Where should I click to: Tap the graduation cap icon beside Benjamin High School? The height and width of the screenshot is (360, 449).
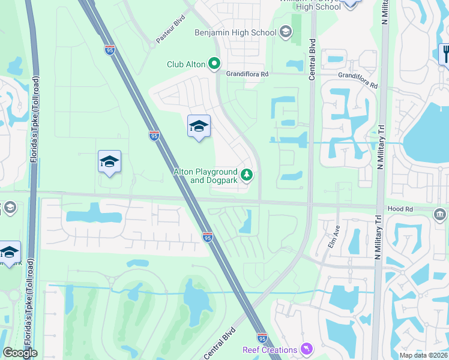coord(285,32)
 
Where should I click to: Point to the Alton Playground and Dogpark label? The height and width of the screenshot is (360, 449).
coord(205,176)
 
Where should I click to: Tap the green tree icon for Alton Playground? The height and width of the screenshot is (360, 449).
coord(246,175)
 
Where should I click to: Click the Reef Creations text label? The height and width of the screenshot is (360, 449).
coord(270,350)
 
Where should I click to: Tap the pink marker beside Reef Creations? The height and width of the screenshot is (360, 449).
coord(307,349)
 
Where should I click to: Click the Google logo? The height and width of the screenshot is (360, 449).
coord(20,353)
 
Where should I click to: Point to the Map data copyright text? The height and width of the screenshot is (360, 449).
coord(423,355)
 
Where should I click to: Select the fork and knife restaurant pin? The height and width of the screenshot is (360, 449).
coord(445,54)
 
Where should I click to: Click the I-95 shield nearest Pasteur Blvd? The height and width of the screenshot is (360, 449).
coord(109,50)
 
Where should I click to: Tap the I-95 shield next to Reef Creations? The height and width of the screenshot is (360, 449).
coord(262,338)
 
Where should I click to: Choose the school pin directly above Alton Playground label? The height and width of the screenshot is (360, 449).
coord(199,126)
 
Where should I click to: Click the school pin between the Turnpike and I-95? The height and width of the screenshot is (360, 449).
coord(109,161)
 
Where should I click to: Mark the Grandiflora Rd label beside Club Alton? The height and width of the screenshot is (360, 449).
coord(247,74)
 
